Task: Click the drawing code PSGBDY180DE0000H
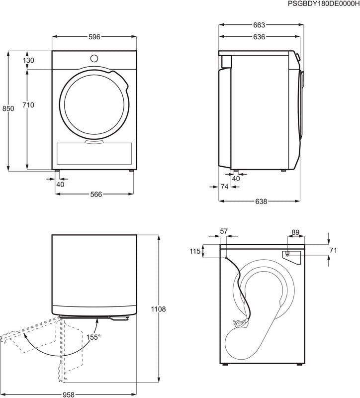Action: (x=323, y=3)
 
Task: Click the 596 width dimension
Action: (x=94, y=37)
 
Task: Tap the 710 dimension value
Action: (x=28, y=105)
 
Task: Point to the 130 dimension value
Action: (x=28, y=60)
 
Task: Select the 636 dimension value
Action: (x=259, y=37)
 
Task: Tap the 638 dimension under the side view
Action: (x=262, y=201)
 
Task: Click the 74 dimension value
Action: (x=224, y=187)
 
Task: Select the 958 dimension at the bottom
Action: (x=69, y=395)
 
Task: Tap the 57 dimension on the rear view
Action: (x=223, y=231)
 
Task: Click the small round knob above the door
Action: (x=94, y=58)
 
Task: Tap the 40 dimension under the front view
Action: (x=60, y=185)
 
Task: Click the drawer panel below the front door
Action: (x=94, y=154)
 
